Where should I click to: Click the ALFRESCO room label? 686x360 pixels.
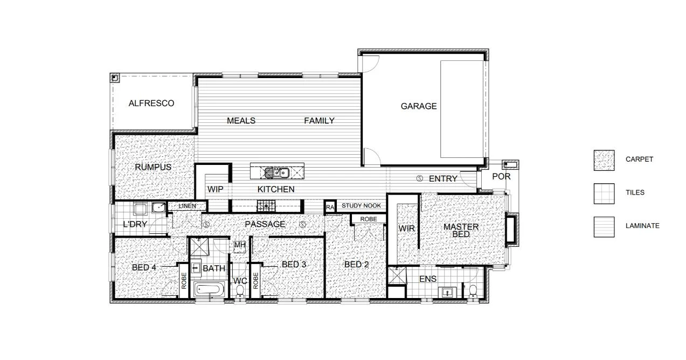pyautogui.click(x=151, y=103)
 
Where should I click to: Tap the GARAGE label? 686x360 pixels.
pyautogui.click(x=418, y=106)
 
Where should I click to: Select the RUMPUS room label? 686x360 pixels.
pyautogui.click(x=153, y=167)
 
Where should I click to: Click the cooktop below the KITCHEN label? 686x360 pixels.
pyautogui.click(x=266, y=205)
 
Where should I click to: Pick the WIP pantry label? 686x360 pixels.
pyautogui.click(x=215, y=189)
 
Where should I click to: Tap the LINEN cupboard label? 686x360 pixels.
pyautogui.click(x=188, y=206)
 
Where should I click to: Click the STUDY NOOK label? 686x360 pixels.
pyautogui.click(x=361, y=206)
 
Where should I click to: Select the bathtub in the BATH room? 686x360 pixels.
pyautogui.click(x=209, y=289)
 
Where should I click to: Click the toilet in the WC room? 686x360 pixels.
pyautogui.click(x=240, y=291)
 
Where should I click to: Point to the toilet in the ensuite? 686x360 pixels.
pyautogui.click(x=473, y=291)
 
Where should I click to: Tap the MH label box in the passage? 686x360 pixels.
pyautogui.click(x=240, y=245)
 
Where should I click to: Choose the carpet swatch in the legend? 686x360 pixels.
pyautogui.click(x=604, y=160)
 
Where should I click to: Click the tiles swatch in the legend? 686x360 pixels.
pyautogui.click(x=604, y=193)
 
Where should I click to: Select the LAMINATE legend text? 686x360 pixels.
pyautogui.click(x=642, y=226)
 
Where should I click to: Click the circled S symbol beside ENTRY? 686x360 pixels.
pyautogui.click(x=419, y=178)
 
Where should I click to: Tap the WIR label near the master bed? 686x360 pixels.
pyautogui.click(x=407, y=229)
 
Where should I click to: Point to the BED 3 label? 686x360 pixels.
pyautogui.click(x=294, y=265)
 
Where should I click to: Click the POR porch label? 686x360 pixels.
pyautogui.click(x=501, y=177)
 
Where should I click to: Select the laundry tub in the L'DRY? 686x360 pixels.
pyautogui.click(x=160, y=207)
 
